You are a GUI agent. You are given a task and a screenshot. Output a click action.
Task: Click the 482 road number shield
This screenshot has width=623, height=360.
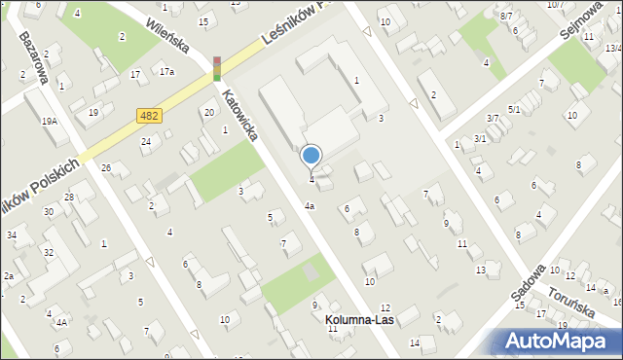coord(148,116)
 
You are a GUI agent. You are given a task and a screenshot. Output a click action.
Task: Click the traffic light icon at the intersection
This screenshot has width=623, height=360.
coord(216,67)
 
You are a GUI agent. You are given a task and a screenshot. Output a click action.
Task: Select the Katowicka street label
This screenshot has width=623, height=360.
coord(239,115)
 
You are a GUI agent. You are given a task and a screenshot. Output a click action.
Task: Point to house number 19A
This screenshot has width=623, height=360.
coord(49,121)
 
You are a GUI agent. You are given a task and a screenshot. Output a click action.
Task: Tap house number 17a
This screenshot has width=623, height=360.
coord(167,71)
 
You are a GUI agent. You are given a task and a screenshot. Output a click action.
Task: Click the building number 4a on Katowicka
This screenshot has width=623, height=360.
coord(310,206)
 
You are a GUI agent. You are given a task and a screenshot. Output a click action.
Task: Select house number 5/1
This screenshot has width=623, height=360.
coord(514,109)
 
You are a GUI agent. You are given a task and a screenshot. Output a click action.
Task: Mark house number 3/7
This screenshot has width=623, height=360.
coord(494,118)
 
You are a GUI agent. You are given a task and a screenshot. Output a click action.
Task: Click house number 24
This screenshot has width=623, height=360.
coord(146,142)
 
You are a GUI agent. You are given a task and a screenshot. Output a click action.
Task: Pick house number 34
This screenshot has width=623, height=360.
coord(12,235)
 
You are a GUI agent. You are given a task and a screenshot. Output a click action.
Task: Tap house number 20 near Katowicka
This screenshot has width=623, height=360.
coord(209,113)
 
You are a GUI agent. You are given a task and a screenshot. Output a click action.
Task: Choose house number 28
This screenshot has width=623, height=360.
coord(69,198)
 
